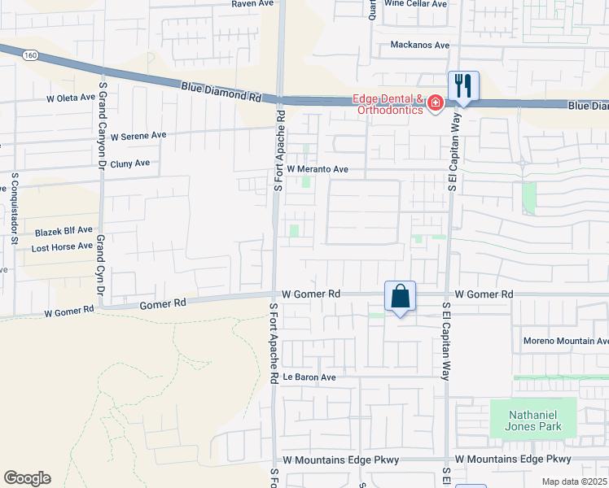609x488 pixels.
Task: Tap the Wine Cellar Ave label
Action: point(416,4)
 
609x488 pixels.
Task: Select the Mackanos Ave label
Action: point(420,45)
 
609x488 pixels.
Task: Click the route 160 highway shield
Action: point(30,55)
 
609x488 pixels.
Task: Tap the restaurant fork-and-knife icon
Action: point(462,85)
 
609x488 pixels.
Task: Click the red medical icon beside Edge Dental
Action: point(435,102)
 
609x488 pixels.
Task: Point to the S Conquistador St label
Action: point(15,208)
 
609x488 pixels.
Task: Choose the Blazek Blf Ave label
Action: point(64,231)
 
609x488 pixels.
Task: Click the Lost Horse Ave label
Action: point(62,246)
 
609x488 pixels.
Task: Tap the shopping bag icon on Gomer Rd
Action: point(400,297)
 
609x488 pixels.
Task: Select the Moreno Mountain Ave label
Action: point(566,341)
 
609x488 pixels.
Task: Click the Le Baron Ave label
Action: point(309,377)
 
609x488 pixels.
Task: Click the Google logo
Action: point(27,478)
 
